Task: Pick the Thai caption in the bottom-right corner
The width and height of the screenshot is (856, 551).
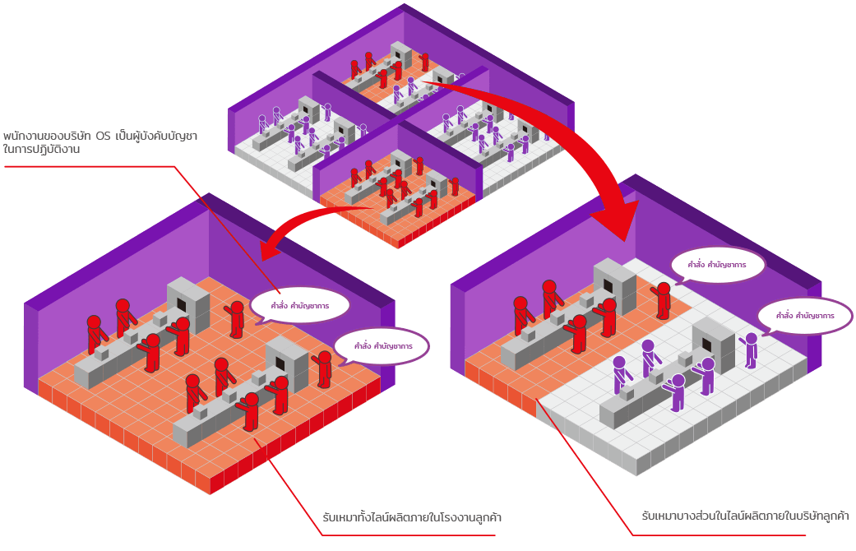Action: coord(745,516)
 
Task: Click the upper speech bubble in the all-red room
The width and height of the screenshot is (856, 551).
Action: coord(300,305)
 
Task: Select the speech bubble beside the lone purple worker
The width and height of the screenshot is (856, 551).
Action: coord(805,316)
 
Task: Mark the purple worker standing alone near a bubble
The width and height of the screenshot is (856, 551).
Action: coord(750,350)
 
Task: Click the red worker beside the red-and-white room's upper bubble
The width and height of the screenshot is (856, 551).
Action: coord(662,299)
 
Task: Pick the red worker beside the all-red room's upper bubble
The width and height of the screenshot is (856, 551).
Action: coord(236,318)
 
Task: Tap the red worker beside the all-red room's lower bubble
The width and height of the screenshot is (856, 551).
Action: coord(324,369)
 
